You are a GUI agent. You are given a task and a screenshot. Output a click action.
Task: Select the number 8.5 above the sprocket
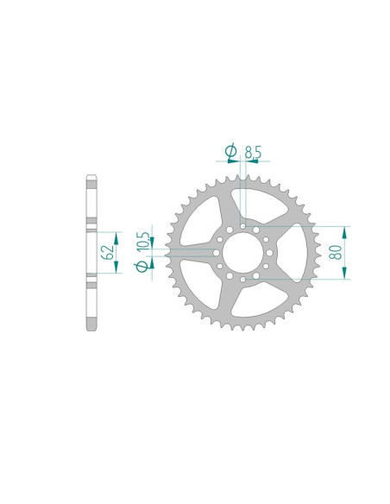(x=253, y=152)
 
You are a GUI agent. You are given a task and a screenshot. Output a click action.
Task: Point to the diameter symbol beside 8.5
(x=230, y=152)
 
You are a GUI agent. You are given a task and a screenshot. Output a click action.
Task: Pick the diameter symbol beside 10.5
(x=142, y=268)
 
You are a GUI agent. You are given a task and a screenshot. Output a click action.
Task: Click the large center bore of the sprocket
(x=243, y=253)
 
